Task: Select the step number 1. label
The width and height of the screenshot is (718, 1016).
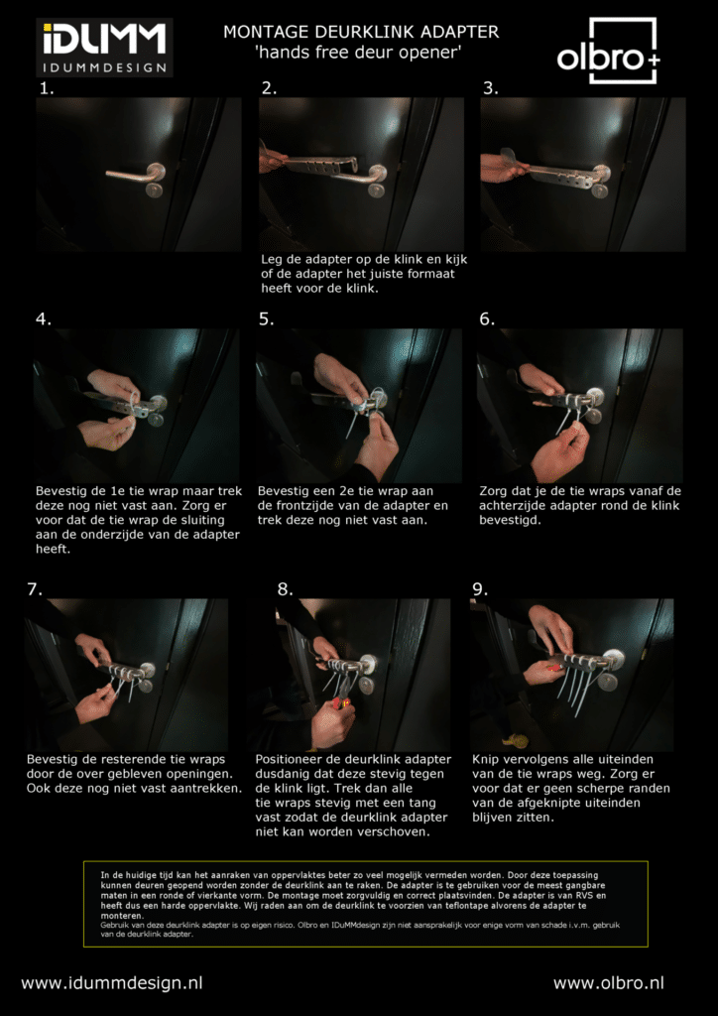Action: [47, 89]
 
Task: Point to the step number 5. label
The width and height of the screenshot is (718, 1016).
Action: [267, 319]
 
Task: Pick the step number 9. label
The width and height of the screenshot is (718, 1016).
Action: [480, 589]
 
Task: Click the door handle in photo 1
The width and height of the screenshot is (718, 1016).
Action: [136, 174]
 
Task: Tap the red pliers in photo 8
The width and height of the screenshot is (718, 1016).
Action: [341, 701]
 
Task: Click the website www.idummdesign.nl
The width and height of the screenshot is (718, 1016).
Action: [112, 983]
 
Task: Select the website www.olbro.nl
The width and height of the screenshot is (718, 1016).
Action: [608, 983]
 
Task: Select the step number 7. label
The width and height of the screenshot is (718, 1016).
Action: [36, 589]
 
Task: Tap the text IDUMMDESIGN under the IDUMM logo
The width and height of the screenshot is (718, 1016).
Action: [104, 67]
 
